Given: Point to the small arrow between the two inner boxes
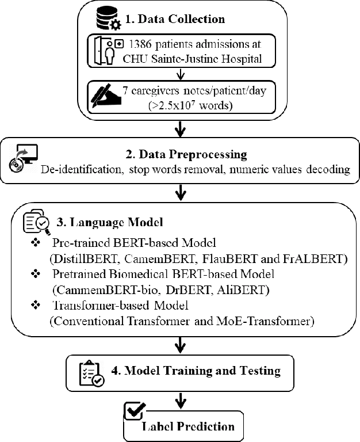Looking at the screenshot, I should tap(182, 73).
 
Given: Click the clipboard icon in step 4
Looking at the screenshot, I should tap(91, 374).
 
